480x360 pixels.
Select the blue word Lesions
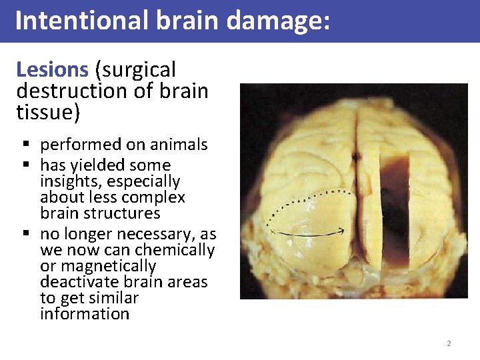click(52, 69)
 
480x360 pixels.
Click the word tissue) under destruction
click(48, 112)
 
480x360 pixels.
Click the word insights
click(73, 181)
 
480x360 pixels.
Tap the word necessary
click(162, 235)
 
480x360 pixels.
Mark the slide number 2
click(449, 343)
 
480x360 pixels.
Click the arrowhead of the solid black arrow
click(341, 231)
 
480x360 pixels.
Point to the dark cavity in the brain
click(394, 207)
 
